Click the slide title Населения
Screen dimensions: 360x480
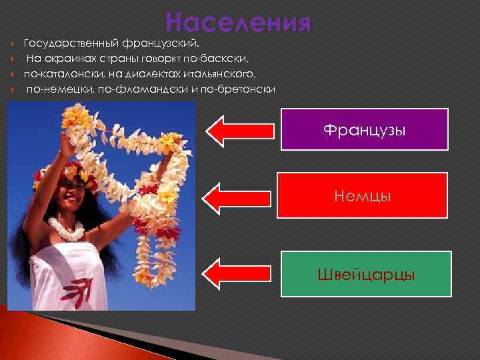pos(239,22)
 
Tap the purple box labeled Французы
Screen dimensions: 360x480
pos(364,129)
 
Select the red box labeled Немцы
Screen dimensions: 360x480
pos(363,195)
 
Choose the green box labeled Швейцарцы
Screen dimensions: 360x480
pos(366,274)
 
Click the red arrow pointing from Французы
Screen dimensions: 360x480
pos(241,129)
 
